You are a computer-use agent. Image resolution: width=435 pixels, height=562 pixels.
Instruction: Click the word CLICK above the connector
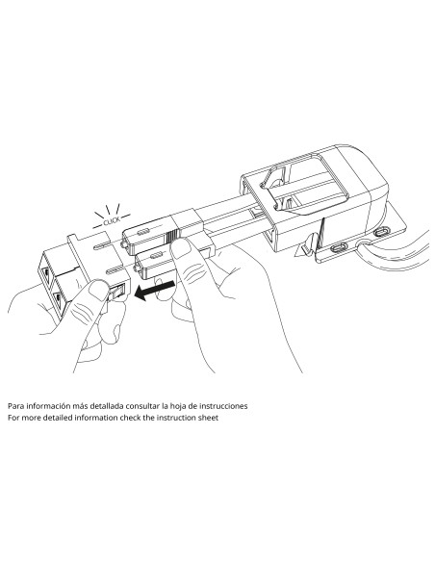coord(112,221)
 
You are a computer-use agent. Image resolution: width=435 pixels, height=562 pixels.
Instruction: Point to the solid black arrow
coord(154,291)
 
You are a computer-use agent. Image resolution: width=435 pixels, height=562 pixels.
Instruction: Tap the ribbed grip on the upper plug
coord(171,236)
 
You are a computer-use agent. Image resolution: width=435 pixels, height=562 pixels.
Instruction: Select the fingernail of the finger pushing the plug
coord(181,248)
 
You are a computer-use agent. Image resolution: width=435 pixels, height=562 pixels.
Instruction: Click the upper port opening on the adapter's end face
coord(47,274)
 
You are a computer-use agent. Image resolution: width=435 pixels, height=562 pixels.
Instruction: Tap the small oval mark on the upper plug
coord(142,232)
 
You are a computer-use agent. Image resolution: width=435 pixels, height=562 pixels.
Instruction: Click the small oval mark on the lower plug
coord(156,256)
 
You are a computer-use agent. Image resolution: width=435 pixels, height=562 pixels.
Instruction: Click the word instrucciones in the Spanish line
coord(223,406)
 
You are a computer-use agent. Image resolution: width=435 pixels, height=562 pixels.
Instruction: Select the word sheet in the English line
coord(208,418)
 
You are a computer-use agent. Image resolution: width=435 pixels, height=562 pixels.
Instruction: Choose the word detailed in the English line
coord(58,418)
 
